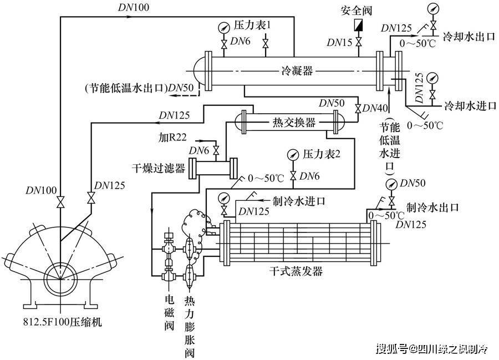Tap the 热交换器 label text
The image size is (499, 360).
(x=294, y=122)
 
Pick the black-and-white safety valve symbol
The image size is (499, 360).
(x=359, y=26)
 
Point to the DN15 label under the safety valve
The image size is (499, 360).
(x=339, y=42)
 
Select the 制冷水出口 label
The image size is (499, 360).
(x=433, y=207)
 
